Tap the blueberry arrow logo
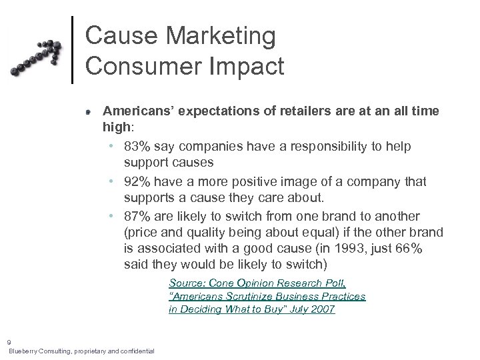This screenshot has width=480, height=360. (x=37, y=58)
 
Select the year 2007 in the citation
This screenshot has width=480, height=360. (x=323, y=309)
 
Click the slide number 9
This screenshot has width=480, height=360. (x=9, y=342)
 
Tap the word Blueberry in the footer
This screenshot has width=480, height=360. (x=23, y=351)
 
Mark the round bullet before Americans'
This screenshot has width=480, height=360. (x=88, y=112)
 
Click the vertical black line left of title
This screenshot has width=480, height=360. (x=72, y=50)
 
